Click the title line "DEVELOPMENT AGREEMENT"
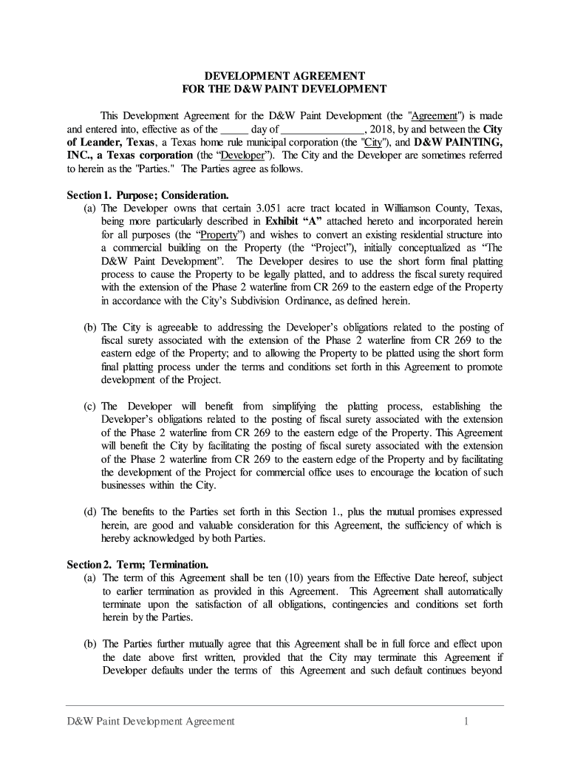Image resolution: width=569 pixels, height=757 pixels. pos(284,76)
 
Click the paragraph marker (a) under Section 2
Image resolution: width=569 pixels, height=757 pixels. pos(91,578)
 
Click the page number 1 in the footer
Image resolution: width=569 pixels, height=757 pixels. pos(467,721)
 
